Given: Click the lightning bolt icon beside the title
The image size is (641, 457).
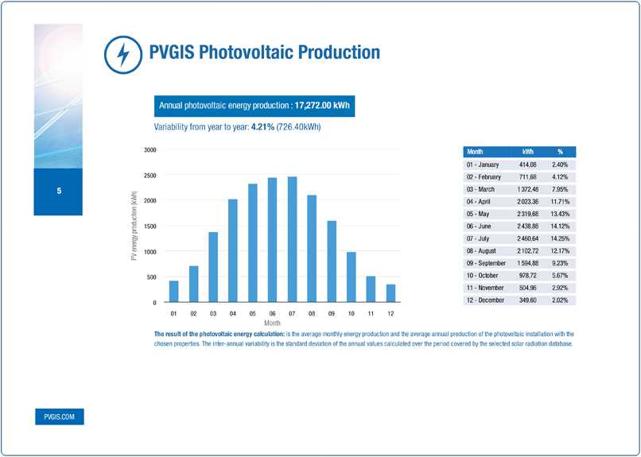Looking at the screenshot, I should (122, 54).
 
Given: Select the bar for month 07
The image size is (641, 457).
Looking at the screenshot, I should (292, 239).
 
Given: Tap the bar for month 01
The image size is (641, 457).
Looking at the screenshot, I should (173, 292).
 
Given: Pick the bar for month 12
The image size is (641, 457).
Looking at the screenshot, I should (390, 293).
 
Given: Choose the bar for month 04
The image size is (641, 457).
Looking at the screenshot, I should (232, 250).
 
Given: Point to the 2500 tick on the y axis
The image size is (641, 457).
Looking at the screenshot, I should (150, 175).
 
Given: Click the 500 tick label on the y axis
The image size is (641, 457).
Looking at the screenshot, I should (152, 277).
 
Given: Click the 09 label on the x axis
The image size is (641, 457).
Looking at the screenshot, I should (332, 315).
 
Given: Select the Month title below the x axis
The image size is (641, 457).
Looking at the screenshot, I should (272, 323).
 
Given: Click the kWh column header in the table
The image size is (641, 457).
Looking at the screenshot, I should (527, 151).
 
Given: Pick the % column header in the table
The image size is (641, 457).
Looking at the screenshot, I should (560, 151).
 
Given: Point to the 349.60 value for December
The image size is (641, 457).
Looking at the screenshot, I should (527, 300).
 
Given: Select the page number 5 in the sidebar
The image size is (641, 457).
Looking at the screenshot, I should (59, 192).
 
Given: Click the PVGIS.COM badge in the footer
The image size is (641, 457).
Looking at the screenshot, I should (59, 416).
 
